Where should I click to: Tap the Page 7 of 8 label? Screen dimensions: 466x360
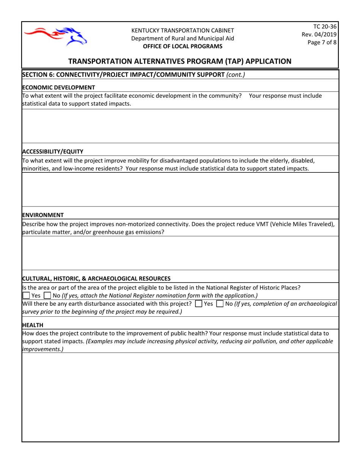(x=322, y=42)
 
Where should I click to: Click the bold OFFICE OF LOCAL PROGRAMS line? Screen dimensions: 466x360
(x=182, y=46)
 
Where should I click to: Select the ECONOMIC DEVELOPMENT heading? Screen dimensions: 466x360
(x=59, y=87)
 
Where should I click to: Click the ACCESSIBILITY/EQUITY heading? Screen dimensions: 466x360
(x=53, y=152)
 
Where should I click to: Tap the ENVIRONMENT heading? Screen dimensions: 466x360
(x=43, y=215)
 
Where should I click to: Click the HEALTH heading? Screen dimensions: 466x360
(x=33, y=325)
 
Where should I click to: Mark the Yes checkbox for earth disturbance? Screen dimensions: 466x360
(x=198, y=303)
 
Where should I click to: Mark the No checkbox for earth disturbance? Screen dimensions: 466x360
(x=220, y=303)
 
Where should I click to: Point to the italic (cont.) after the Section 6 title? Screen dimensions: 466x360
(x=235, y=75)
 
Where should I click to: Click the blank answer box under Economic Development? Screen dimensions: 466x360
(x=180, y=126)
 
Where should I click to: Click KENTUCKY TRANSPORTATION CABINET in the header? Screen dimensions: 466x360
(x=182, y=30)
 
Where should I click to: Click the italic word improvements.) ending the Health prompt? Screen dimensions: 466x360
(x=43, y=349)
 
